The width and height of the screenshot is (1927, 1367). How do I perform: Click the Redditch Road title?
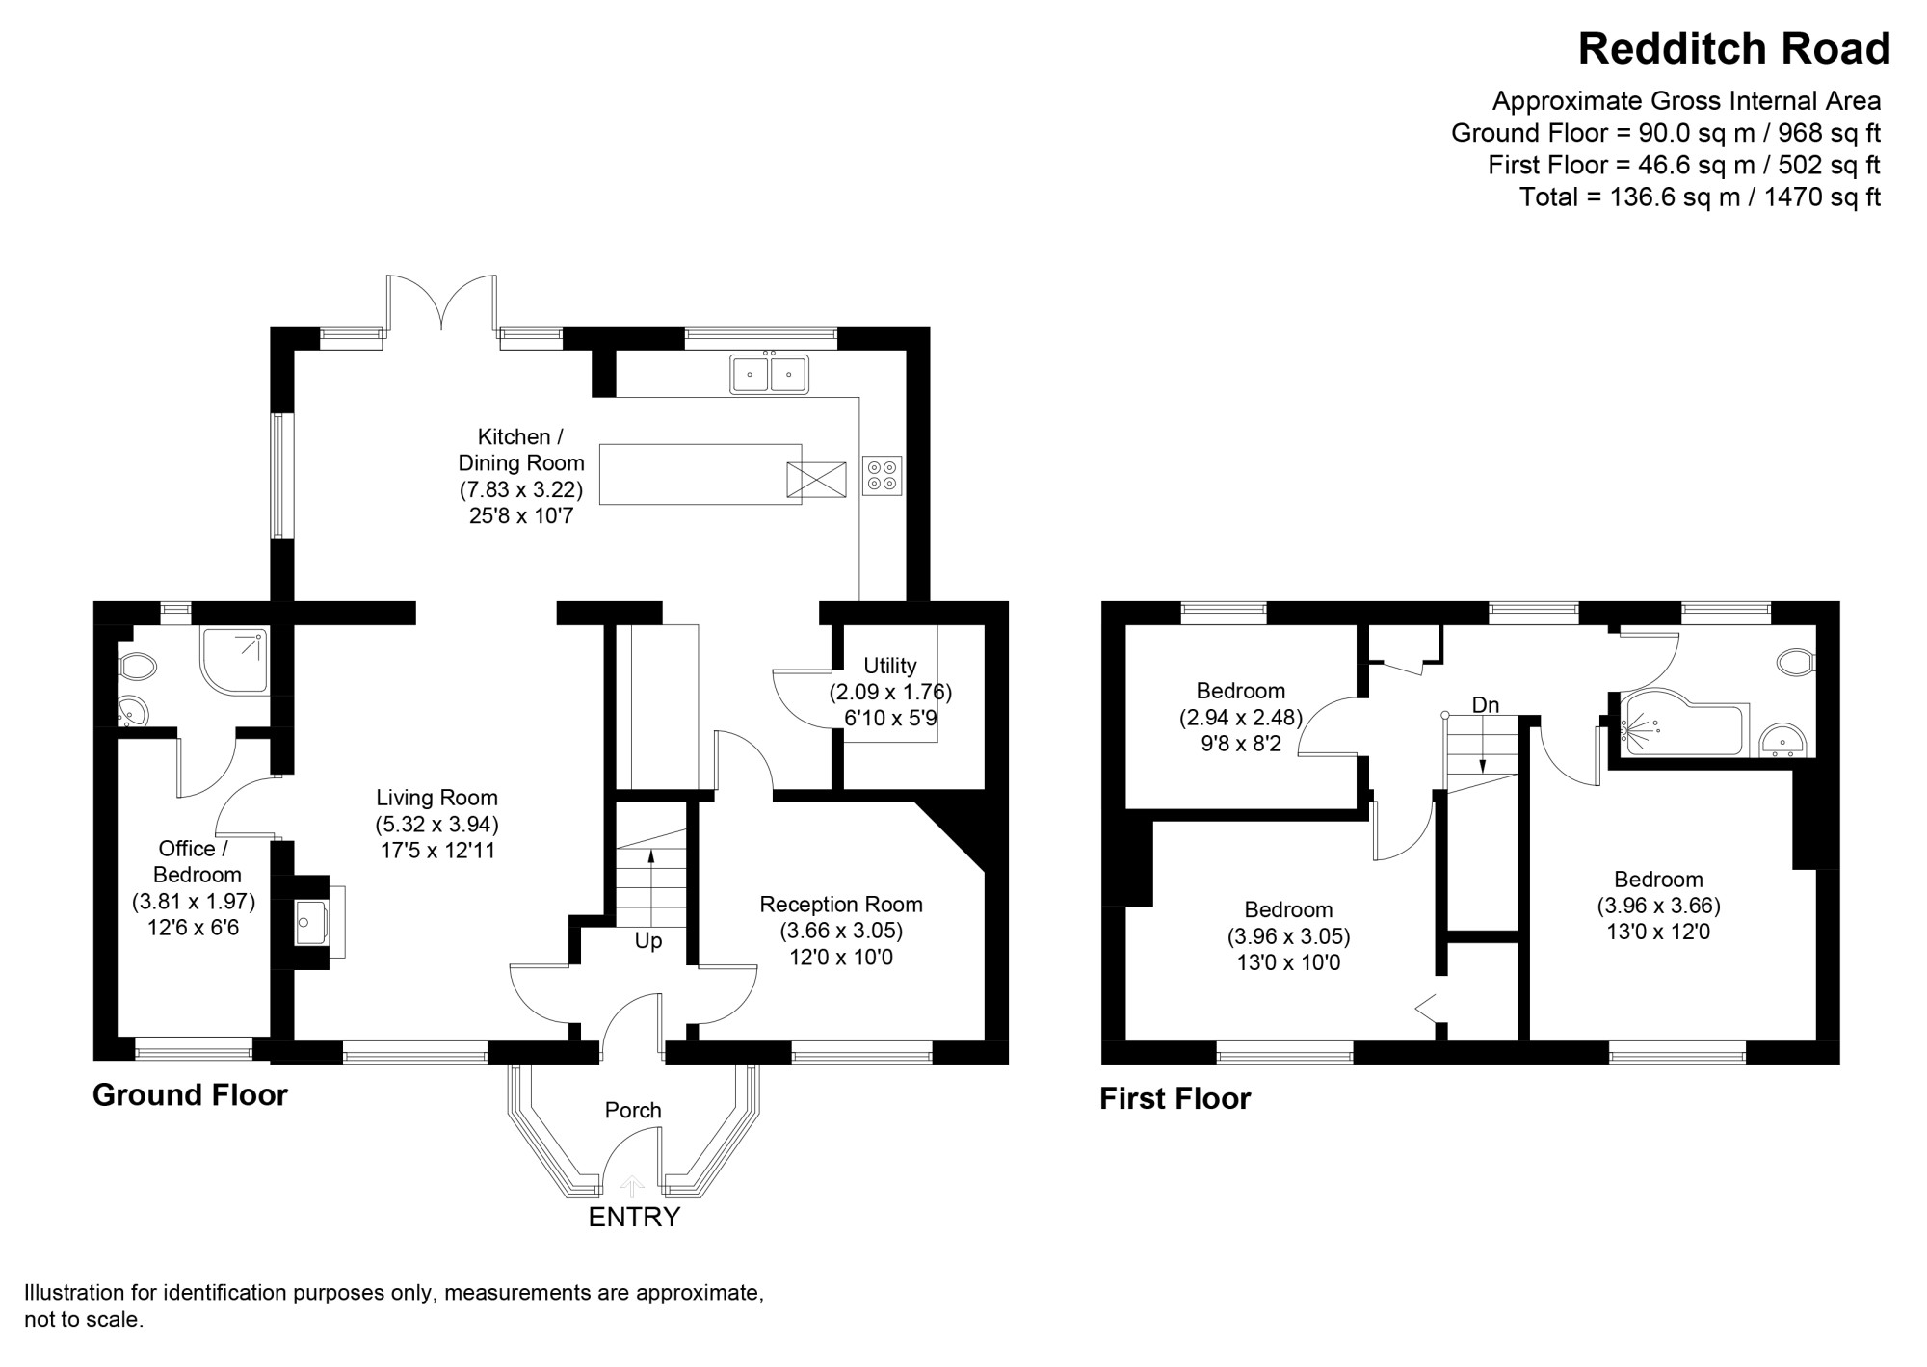point(1734,49)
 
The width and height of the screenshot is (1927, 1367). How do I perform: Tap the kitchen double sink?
point(769,374)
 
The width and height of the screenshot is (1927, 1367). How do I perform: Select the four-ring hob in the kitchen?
point(882,475)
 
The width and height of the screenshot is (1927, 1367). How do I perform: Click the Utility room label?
point(889,666)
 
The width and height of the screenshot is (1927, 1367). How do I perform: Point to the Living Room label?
point(436,798)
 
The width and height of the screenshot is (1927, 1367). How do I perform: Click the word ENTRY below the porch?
point(634,1218)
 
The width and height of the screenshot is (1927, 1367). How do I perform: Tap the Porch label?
point(633,1110)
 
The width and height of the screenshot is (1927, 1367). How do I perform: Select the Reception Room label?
point(841,905)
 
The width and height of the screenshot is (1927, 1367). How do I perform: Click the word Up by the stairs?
point(648,941)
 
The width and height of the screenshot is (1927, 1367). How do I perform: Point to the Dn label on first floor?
point(1486,705)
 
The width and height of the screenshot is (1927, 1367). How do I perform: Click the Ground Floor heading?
point(190,1095)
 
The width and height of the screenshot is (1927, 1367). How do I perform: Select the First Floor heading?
point(1175,1098)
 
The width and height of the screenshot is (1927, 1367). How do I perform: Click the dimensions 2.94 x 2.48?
point(1241,718)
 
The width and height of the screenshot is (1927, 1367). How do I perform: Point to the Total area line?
point(1700,197)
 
